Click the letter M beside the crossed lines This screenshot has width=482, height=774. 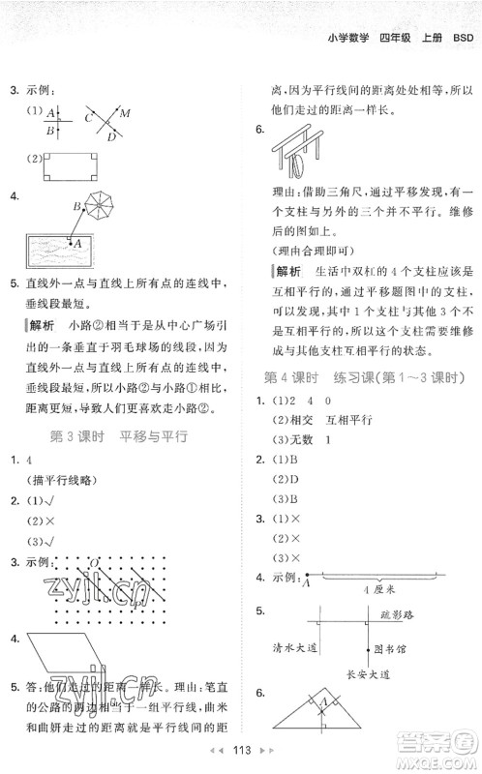(x=125, y=113)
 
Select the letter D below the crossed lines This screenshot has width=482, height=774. (x=109, y=136)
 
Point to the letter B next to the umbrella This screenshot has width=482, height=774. (x=75, y=205)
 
